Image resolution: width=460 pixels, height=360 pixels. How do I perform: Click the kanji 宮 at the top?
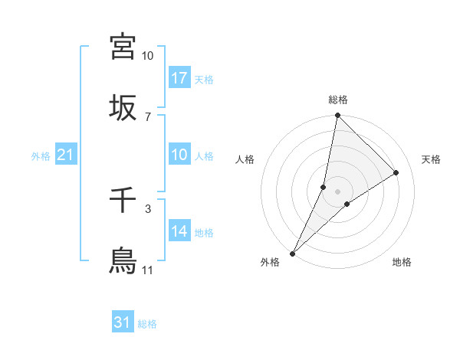(123, 47)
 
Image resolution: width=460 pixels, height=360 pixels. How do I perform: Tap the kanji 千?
(123, 201)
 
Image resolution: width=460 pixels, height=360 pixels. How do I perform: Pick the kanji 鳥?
(123, 260)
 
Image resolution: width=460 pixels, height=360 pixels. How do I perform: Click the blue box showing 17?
(179, 78)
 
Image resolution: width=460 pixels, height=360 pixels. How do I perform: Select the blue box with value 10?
(179, 155)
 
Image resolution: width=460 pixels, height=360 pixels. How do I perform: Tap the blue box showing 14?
(179, 231)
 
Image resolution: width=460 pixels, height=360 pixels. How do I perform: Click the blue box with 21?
(66, 155)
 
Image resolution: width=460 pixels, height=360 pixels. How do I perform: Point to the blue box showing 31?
(123, 322)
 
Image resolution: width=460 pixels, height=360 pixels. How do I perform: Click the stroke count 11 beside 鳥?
(147, 270)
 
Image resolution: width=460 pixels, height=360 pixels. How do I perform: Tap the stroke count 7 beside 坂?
(147, 116)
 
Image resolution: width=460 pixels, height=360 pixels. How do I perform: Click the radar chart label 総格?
(338, 100)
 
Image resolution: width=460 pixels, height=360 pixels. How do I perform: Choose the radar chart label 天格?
(431, 159)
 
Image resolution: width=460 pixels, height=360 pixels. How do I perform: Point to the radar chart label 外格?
(270, 262)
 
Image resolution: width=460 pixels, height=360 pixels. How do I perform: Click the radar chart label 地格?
(402, 262)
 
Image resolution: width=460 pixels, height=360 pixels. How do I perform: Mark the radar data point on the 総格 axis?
(337, 116)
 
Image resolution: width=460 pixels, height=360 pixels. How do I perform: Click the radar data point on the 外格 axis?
(293, 253)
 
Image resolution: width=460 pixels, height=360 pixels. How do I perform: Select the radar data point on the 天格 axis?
(396, 173)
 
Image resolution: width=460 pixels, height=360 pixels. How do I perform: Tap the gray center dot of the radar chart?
(337, 191)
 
